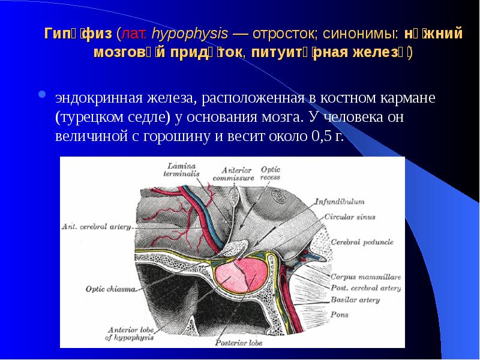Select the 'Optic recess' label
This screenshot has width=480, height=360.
tap(270, 173)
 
